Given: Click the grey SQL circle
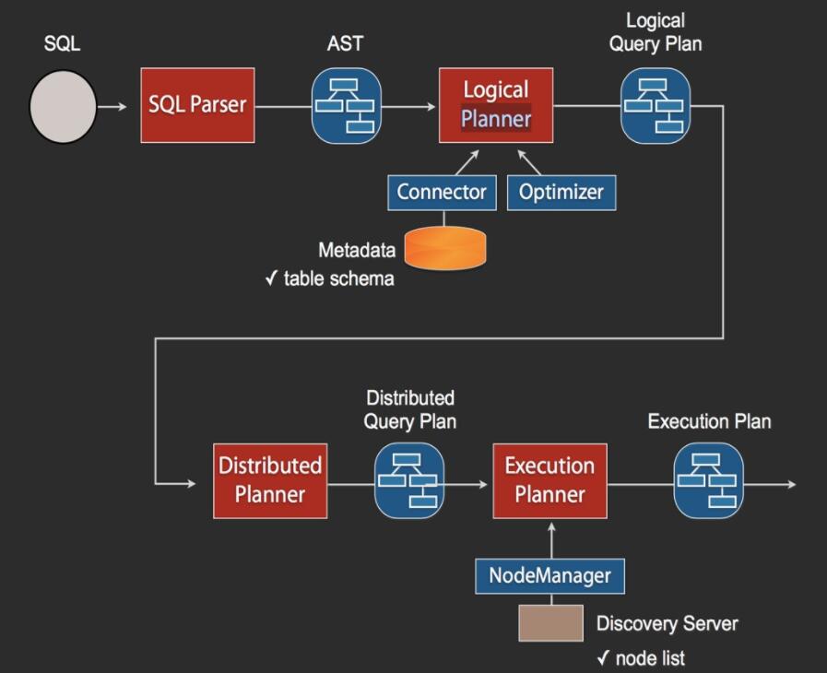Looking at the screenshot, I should coord(63,107).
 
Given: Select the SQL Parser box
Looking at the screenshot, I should coord(197,105).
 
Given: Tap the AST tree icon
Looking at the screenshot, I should coord(346,106).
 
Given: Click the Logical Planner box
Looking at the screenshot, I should coord(496,105).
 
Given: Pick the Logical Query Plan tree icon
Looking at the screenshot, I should coord(655,106).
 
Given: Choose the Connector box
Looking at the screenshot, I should coord(442,192).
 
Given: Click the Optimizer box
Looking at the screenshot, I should coord(561,192).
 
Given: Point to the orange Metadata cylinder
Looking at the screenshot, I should coord(444,248).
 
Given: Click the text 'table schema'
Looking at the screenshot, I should coord(338,278).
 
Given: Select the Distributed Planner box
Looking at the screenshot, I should coord(270,480).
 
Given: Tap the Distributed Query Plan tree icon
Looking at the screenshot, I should coord(408,480).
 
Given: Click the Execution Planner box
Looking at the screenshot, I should coord(549,480).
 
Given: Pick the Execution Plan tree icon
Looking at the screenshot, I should coord(708,480).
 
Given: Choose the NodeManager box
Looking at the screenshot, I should coord(549,576).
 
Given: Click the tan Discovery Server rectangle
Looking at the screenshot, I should coord(550,623).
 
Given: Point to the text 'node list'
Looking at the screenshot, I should coord(650,658).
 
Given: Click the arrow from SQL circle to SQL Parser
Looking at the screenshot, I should coord(113,107).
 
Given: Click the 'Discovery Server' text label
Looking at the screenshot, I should coord(667,624).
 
